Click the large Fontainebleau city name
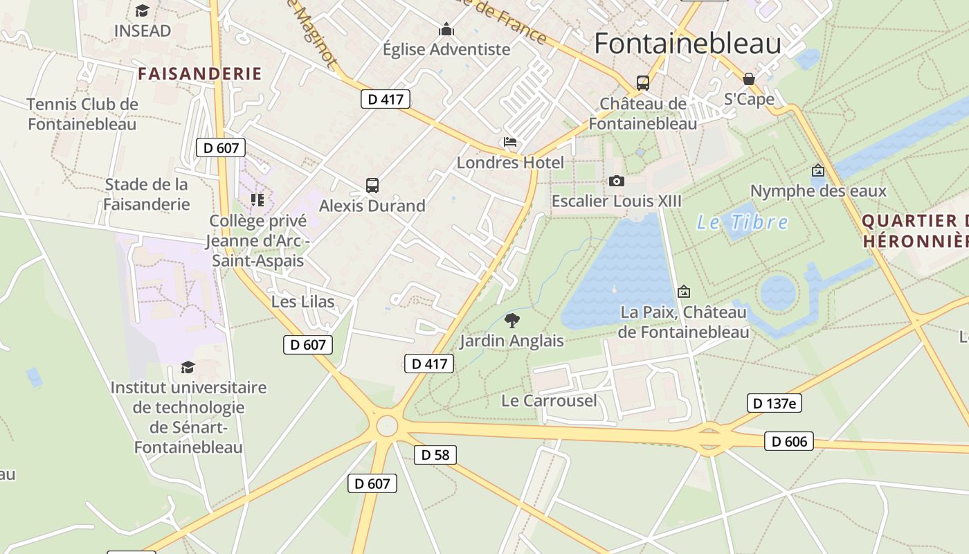coord(687,44)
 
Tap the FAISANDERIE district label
coord(200,74)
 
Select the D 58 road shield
coord(435,455)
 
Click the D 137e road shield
coord(775,403)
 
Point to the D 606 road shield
coord(789,441)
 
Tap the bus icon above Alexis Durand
coord(372,186)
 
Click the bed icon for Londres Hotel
coord(510,143)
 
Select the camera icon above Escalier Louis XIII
coord(616,181)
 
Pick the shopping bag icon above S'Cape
coord(748,79)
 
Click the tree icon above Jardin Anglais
coord(512,320)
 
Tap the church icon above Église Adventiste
coord(446,30)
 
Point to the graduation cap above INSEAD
coord(142,11)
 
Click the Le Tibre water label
coord(742,222)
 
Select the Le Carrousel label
coord(549,401)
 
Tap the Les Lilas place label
coord(302,302)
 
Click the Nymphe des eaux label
coord(818,191)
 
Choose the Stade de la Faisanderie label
coord(146,195)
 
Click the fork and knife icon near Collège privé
coord(257,200)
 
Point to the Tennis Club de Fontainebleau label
coord(82,114)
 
